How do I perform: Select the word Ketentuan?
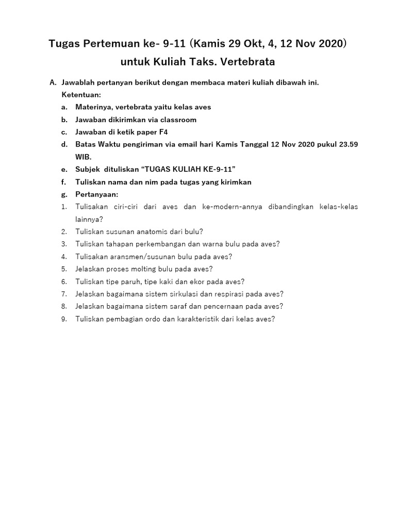point(81,95)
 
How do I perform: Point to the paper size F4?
point(163,132)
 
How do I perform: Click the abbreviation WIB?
point(84,157)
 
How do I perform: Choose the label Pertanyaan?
point(97,194)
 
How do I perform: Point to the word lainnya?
point(89,219)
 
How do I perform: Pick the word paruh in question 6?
point(131,281)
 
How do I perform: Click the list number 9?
point(64,319)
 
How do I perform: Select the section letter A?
point(52,82)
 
